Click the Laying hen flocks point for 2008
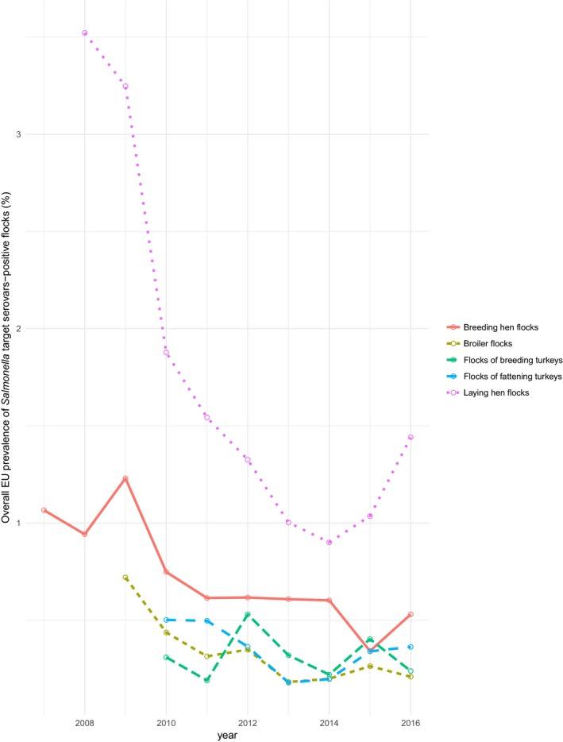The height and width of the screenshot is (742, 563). [84, 33]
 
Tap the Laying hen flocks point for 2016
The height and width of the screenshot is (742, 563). [411, 437]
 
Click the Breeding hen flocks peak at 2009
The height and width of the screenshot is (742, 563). [125, 478]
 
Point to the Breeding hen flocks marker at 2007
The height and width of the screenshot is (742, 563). [44, 510]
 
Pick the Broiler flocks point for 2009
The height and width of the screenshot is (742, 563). [125, 578]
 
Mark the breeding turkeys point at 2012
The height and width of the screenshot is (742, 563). [248, 614]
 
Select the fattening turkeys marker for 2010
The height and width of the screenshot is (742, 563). [166, 620]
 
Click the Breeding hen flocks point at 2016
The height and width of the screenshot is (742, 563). [411, 614]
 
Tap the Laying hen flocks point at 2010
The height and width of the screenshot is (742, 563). [166, 352]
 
